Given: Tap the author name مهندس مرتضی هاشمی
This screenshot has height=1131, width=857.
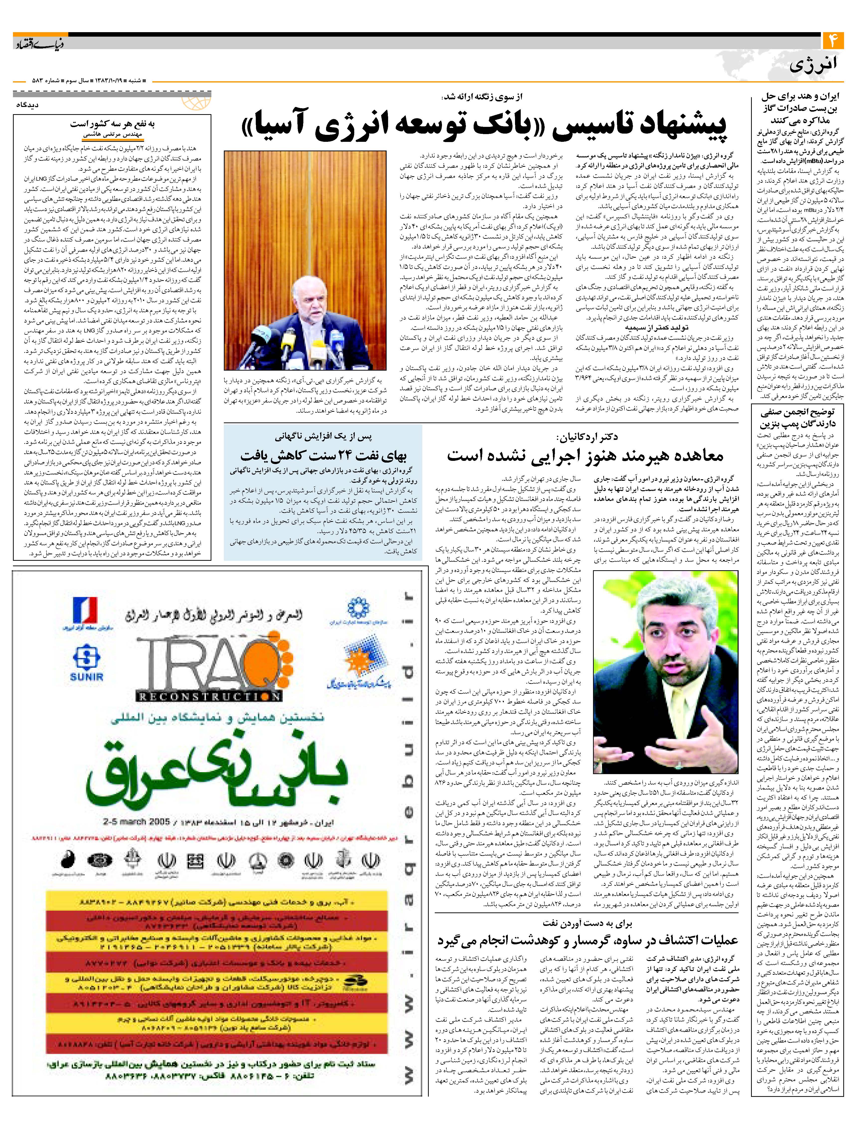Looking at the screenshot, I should tap(112, 135).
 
